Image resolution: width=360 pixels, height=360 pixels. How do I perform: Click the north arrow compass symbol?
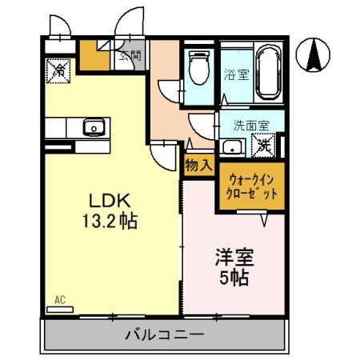click(316, 54)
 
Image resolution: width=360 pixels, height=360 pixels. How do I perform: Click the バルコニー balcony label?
click(163, 334)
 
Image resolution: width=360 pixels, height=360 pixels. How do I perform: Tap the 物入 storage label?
click(198, 166)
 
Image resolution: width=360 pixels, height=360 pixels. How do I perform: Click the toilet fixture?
click(198, 67)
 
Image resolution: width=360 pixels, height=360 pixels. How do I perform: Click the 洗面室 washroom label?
click(250, 126)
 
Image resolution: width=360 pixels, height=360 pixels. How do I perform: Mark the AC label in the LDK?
click(59, 301)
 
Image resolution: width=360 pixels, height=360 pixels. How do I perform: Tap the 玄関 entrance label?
click(131, 55)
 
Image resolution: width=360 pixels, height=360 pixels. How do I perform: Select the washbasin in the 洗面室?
click(232, 146)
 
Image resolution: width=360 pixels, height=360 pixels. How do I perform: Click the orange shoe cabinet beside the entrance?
click(94, 56)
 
